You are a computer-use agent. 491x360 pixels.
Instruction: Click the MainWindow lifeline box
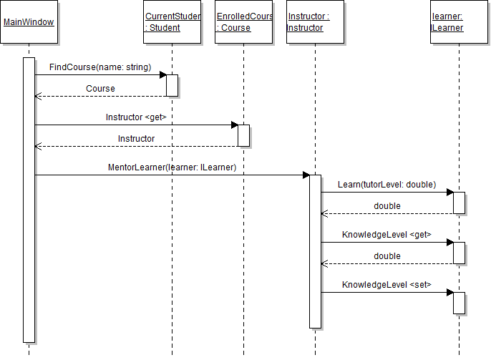29,22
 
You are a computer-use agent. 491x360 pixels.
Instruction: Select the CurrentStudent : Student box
172,22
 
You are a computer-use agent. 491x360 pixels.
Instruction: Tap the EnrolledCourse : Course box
243,22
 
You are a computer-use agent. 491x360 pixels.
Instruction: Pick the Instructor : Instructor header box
315,22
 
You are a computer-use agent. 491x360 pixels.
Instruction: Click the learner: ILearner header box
458,22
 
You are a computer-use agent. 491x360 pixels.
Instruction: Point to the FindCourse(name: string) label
100,67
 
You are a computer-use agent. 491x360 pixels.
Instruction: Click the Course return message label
100,88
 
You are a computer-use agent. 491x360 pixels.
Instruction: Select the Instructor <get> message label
136,117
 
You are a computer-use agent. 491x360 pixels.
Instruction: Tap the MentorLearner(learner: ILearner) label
172,167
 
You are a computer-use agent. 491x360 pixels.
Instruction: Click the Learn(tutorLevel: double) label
387,184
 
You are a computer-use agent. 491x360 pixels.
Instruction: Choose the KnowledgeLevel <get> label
387,234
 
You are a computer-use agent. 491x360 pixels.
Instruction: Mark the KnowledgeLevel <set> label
387,284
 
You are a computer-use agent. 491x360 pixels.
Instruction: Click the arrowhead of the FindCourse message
162,74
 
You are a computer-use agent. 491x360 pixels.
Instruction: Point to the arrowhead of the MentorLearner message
306,175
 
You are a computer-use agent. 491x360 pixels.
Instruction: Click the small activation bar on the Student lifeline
172,85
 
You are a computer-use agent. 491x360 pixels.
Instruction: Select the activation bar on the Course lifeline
243,135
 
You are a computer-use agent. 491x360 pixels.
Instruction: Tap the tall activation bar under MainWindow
29,200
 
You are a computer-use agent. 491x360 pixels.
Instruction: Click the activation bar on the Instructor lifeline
315,251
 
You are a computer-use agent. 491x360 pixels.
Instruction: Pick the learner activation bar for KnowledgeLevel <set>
458,302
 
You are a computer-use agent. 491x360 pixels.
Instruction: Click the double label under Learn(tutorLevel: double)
387,205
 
